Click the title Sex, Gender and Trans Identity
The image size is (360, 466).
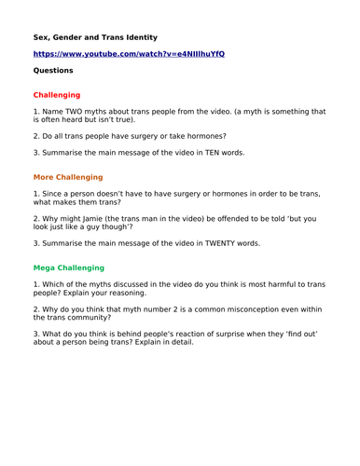pos(95,37)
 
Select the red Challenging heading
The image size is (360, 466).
pos(57,95)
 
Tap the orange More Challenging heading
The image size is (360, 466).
pos(68,177)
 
